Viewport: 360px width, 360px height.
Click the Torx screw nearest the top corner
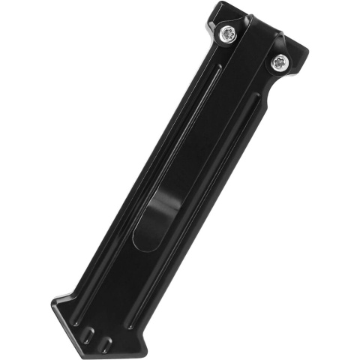pos(226,33)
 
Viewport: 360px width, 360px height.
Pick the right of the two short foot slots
pos(106,343)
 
